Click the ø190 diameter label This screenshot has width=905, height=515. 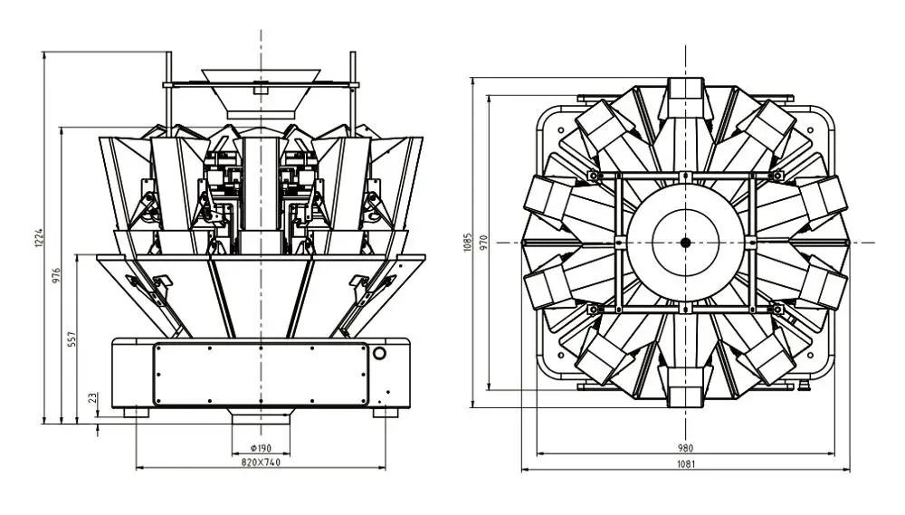click(x=261, y=448)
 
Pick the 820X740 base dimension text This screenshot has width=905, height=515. click(x=261, y=462)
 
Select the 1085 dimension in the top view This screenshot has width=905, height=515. click(x=468, y=242)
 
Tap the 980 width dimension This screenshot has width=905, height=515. click(x=685, y=448)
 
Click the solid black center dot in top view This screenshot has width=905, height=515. click(x=685, y=242)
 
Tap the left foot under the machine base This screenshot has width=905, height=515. click(x=136, y=411)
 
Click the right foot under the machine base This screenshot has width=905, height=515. click(x=385, y=411)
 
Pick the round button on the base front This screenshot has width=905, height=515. click(x=380, y=353)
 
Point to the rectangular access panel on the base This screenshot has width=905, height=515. click(x=262, y=374)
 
